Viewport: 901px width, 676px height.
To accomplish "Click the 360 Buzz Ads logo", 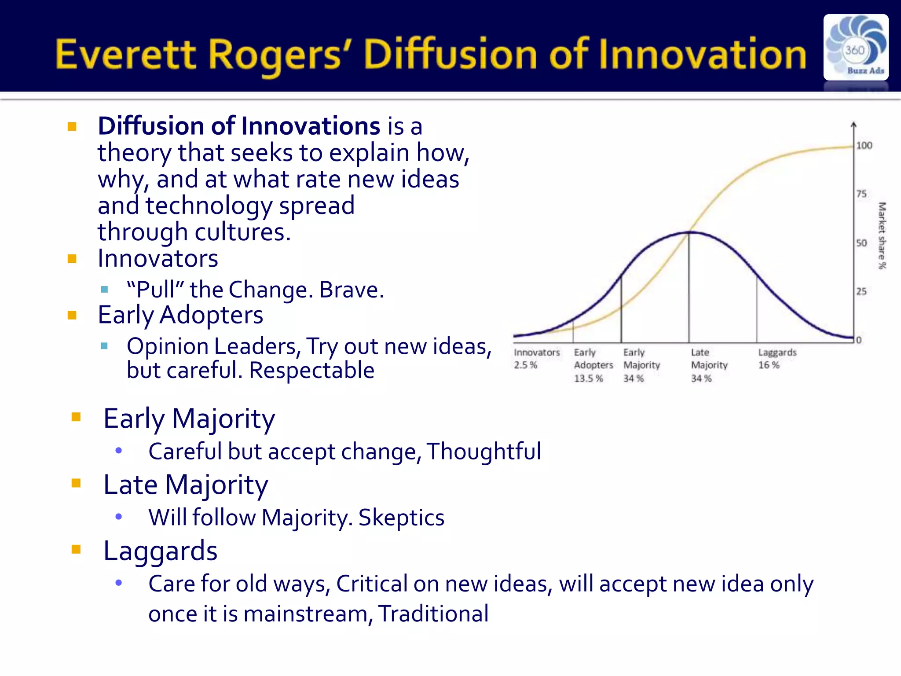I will pyautogui.click(x=856, y=47).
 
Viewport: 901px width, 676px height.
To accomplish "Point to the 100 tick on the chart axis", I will pyautogui.click(x=864, y=146).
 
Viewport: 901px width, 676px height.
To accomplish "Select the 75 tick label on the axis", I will pyautogui.click(x=861, y=194).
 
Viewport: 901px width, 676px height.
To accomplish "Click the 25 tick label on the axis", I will pyautogui.click(x=861, y=291).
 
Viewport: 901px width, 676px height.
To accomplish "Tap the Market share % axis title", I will pyautogui.click(x=882, y=235).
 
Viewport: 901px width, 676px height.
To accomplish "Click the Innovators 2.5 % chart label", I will pyautogui.click(x=536, y=359).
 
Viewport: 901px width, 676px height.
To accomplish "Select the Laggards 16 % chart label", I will pyautogui.click(x=777, y=359).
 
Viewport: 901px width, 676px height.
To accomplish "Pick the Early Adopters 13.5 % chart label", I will pyautogui.click(x=593, y=365).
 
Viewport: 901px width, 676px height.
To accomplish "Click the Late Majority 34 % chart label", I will pyautogui.click(x=709, y=365).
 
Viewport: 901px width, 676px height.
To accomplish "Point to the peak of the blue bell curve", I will pyautogui.click(x=689, y=232).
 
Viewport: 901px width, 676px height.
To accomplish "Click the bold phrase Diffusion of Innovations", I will pyautogui.click(x=239, y=126).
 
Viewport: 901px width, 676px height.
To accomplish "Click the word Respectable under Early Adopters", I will pyautogui.click(x=311, y=370).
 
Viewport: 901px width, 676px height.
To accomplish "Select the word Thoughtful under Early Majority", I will pyautogui.click(x=483, y=452).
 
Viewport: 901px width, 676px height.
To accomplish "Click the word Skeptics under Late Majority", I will pyautogui.click(x=401, y=518).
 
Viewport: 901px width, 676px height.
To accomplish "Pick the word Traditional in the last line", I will pyautogui.click(x=433, y=614).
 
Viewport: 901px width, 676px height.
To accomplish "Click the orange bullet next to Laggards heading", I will pyautogui.click(x=76, y=549).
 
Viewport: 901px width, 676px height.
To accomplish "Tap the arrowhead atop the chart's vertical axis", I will pyautogui.click(x=853, y=125).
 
